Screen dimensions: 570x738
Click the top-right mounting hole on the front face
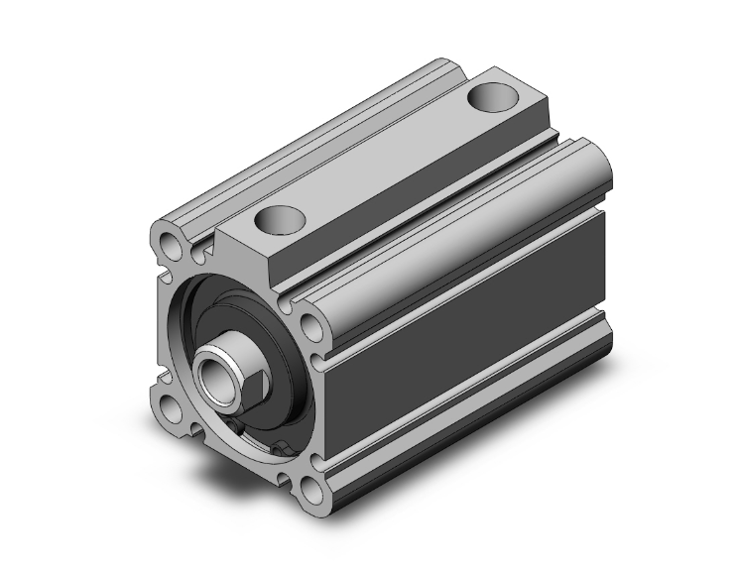[311, 323]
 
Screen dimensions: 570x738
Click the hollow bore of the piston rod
[215, 375]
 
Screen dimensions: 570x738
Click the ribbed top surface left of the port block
[298, 139]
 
